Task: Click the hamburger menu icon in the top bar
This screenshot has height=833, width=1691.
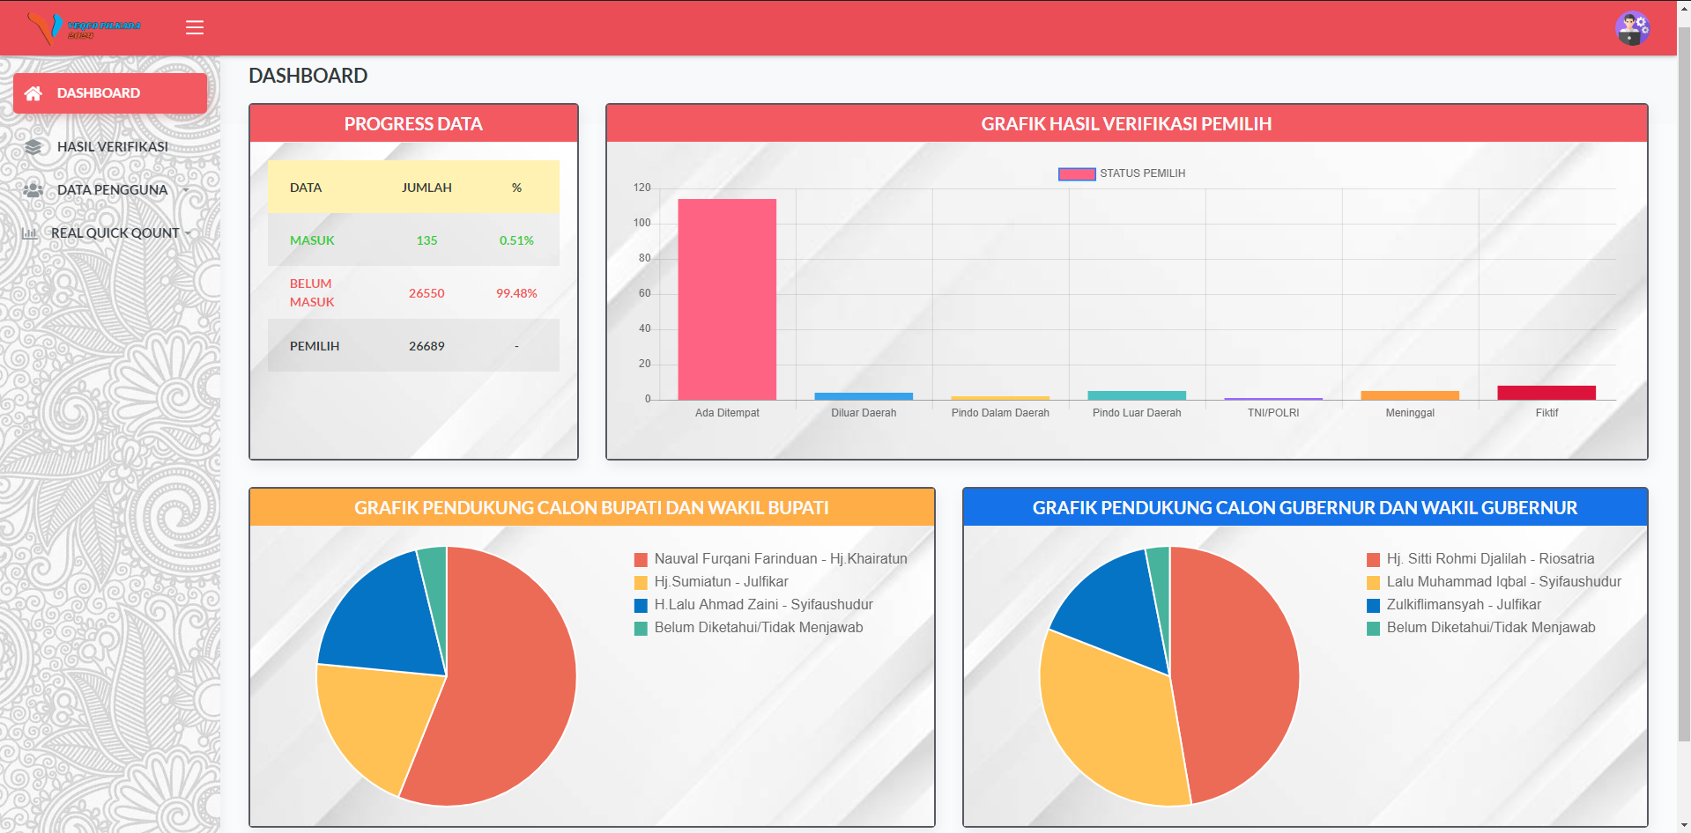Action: (195, 27)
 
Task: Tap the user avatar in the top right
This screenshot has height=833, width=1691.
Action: (1632, 28)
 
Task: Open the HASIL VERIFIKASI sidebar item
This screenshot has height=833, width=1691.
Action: (112, 147)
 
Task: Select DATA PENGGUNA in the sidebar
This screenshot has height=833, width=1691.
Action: (112, 190)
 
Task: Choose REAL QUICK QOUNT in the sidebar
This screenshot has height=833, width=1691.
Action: (115, 233)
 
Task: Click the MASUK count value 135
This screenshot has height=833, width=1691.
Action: (426, 240)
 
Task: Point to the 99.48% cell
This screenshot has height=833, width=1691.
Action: (516, 293)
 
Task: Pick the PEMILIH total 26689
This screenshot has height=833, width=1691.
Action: (426, 346)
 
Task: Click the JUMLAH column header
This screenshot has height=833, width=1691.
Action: (426, 188)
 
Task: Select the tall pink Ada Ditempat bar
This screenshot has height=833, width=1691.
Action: (727, 299)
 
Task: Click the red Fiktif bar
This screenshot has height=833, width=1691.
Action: (1546, 393)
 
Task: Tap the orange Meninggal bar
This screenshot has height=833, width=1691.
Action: (1410, 395)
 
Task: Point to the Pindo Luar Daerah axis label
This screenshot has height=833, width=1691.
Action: (1137, 413)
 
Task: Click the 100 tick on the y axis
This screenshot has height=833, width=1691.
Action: (642, 223)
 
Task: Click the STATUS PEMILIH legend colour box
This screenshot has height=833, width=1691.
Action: (1077, 173)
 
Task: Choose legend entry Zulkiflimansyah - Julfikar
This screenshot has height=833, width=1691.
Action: (1454, 605)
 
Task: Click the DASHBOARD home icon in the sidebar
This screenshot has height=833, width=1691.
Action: (33, 93)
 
